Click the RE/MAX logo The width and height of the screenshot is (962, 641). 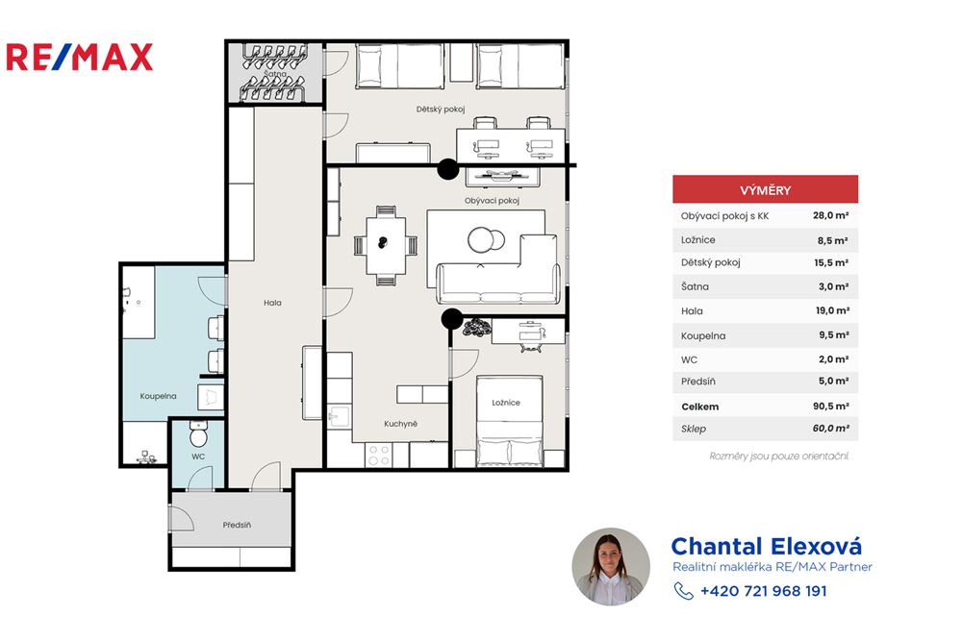click(79, 57)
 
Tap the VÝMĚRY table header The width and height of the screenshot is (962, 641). click(765, 189)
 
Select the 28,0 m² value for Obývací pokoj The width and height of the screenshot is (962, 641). click(830, 216)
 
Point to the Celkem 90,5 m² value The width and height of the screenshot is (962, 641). click(830, 407)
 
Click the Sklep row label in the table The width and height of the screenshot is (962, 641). click(693, 430)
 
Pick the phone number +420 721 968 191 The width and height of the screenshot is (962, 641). click(763, 591)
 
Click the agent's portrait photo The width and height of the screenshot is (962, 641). click(611, 566)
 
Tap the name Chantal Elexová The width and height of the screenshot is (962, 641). click(766, 546)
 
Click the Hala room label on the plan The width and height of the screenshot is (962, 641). click(272, 303)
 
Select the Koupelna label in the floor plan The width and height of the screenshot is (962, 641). click(157, 395)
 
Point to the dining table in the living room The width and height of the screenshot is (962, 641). click(384, 244)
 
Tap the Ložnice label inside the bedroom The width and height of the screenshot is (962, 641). click(505, 403)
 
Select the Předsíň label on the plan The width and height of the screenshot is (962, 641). click(237, 525)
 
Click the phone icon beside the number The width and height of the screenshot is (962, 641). click(683, 591)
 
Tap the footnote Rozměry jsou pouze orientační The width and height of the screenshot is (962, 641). click(779, 456)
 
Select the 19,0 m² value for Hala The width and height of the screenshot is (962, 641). click(830, 311)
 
